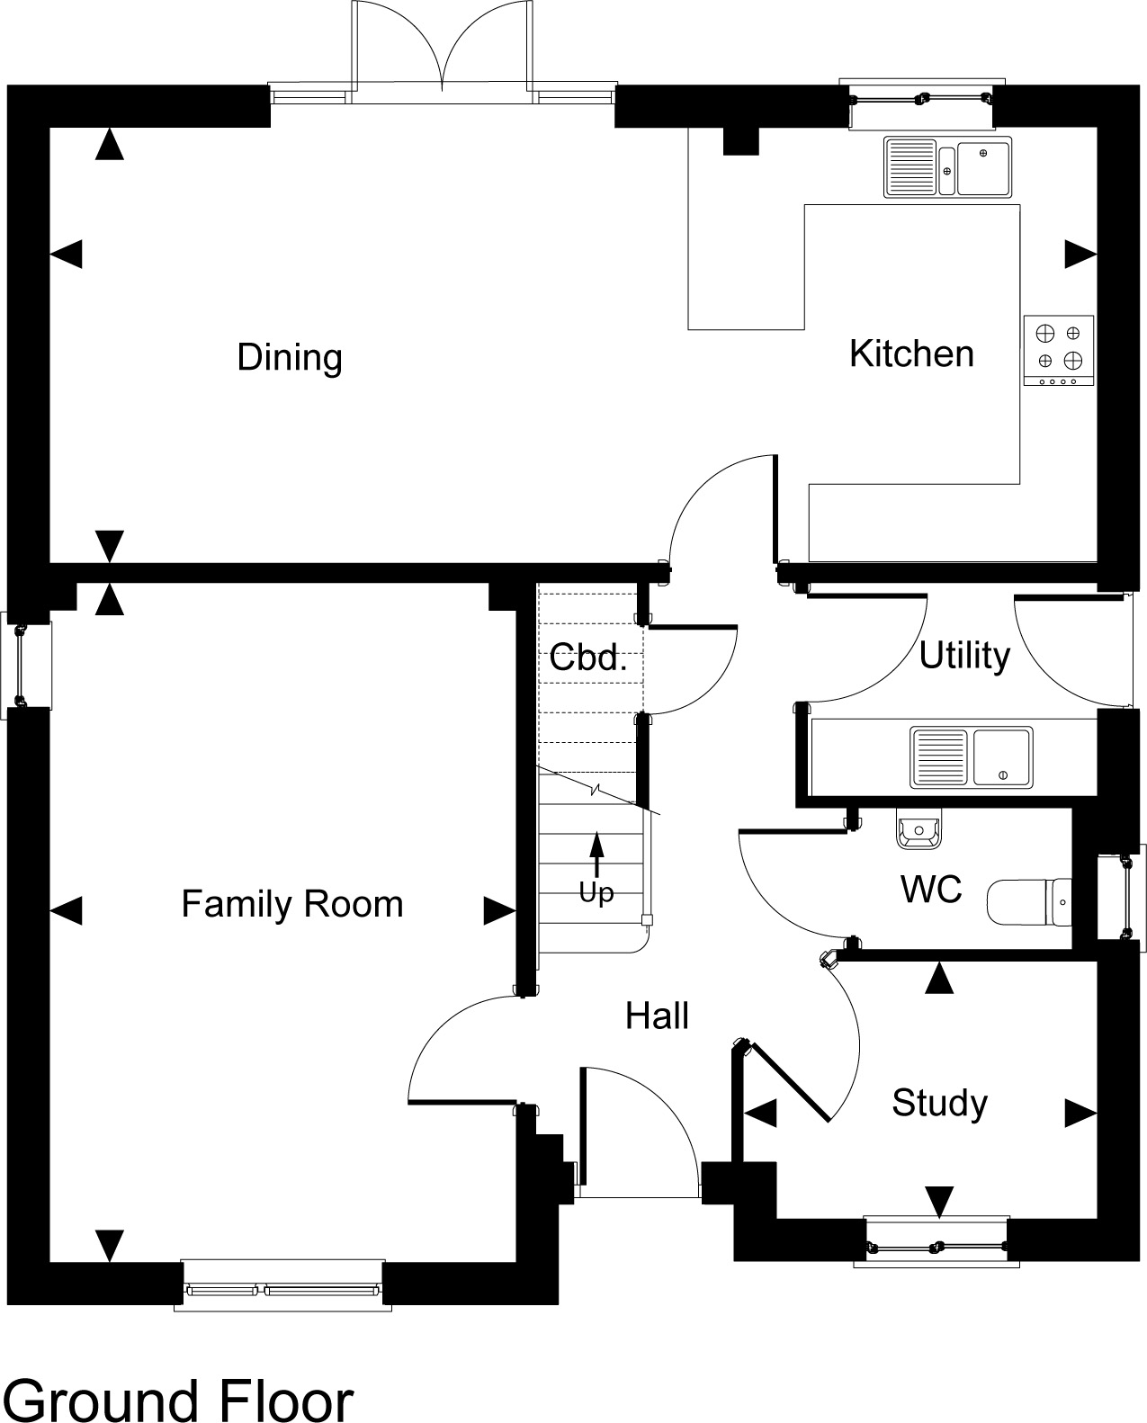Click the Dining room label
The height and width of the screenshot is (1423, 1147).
290,358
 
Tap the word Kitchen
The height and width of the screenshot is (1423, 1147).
911,354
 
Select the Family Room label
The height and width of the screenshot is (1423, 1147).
292,904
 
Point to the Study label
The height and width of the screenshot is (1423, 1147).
939,1103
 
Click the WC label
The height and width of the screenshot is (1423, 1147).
931,889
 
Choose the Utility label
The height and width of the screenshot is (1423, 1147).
964,656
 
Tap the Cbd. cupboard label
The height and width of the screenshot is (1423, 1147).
588,658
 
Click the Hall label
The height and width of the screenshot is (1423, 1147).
657,1016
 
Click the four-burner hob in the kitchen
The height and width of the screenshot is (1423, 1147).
1058,351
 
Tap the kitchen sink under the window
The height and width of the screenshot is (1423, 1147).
947,166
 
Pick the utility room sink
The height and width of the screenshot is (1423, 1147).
971,757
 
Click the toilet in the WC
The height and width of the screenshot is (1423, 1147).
1028,902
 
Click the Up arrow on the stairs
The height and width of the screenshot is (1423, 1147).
596,855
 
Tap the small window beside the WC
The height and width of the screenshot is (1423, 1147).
1121,897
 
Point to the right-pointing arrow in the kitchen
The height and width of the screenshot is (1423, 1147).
1080,254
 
